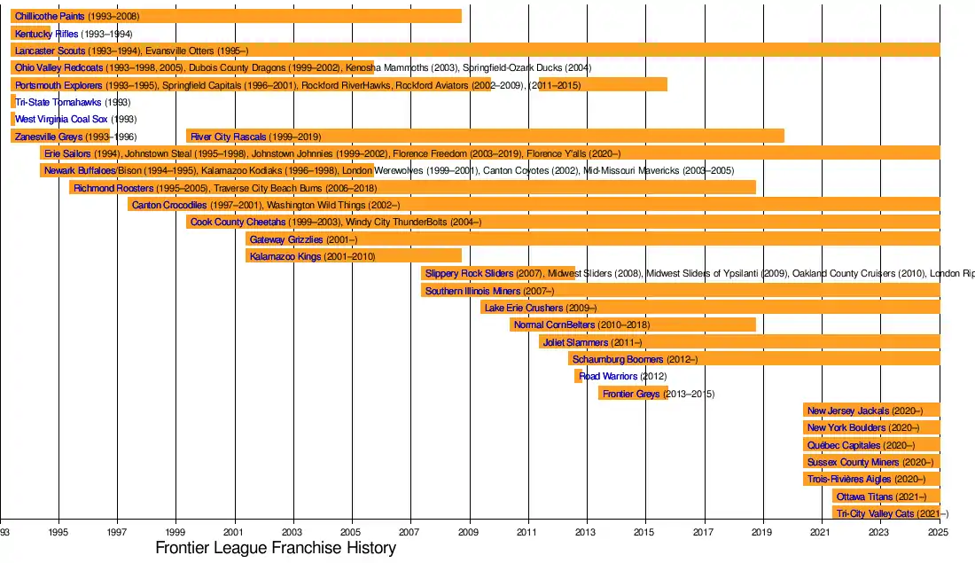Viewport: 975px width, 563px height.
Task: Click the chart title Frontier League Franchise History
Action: point(275,548)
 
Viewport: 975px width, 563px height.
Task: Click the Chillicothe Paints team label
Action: point(50,17)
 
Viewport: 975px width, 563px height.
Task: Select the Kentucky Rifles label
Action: point(46,34)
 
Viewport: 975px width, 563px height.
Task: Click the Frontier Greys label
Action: point(631,394)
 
